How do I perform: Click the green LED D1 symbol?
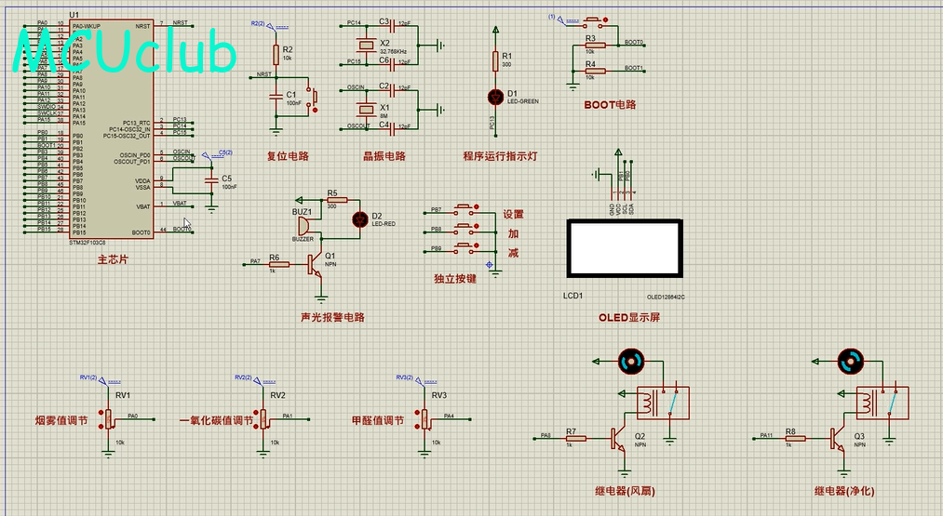pos(494,96)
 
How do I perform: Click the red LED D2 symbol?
pos(359,219)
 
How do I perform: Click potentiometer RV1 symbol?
pos(111,417)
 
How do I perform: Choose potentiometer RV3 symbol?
pos(425,417)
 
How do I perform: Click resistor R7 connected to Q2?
pos(572,437)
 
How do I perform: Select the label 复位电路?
pos(288,156)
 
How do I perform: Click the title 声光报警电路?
pos(332,317)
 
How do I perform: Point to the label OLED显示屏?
pos(630,318)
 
